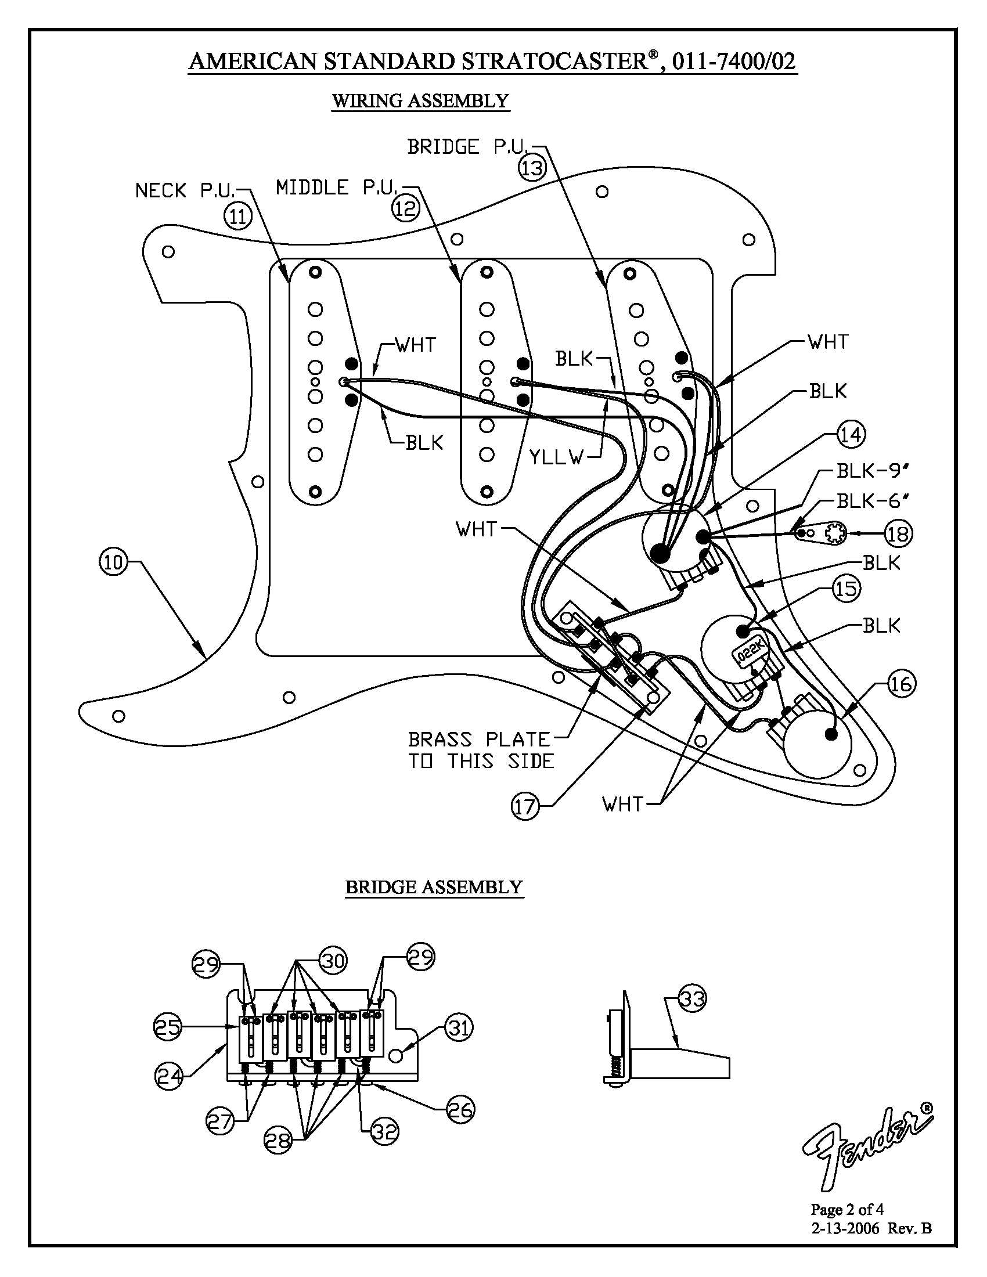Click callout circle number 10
tap(113, 562)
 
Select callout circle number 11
tap(237, 217)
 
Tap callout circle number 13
tap(532, 168)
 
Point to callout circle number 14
tap(851, 434)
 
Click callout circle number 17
tap(525, 807)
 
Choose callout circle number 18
tap(898, 533)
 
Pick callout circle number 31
tap(459, 1027)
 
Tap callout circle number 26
tap(460, 1109)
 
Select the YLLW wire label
tap(557, 457)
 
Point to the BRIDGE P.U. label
tap(468, 146)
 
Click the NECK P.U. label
tap(185, 190)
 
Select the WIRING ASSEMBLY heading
tap(420, 100)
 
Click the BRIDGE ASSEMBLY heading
tap(434, 887)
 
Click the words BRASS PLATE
tap(480, 739)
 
